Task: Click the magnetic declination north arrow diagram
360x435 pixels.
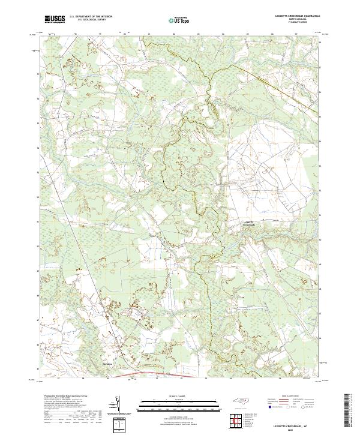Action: click(x=116, y=406)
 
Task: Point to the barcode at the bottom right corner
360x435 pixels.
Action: click(x=347, y=410)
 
